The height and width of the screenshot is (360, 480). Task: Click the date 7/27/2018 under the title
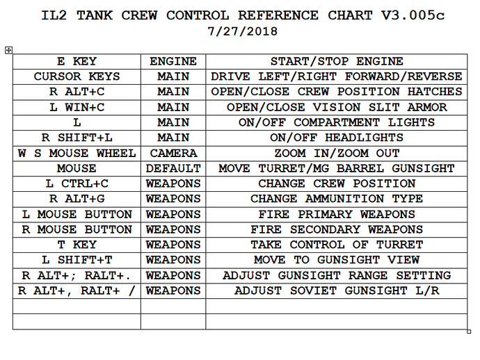(239, 31)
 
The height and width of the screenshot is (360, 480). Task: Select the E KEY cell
(77, 61)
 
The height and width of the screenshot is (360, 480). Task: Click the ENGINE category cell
(173, 61)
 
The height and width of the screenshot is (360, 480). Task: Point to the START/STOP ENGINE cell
(337, 61)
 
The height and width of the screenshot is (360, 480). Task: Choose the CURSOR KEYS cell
(77, 76)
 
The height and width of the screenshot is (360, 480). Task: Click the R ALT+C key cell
(77, 92)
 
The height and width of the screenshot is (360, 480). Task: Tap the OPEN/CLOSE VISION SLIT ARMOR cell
(337, 107)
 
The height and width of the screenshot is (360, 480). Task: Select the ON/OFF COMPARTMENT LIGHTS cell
(337, 122)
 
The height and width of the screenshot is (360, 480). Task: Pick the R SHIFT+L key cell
(77, 138)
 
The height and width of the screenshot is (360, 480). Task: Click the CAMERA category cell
(173, 153)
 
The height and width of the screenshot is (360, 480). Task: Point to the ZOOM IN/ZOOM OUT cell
(337, 153)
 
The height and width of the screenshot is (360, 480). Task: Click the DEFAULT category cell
(173, 168)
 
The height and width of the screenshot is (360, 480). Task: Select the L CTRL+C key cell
(77, 183)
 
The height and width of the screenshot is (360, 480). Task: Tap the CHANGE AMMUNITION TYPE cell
(337, 199)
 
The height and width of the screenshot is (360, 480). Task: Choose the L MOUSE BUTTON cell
(77, 214)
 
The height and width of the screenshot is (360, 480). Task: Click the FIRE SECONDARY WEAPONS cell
(337, 229)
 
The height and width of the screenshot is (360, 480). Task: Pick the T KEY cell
(77, 245)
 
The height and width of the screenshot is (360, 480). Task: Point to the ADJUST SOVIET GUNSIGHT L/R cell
(337, 291)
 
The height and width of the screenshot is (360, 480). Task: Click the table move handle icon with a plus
(8, 49)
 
